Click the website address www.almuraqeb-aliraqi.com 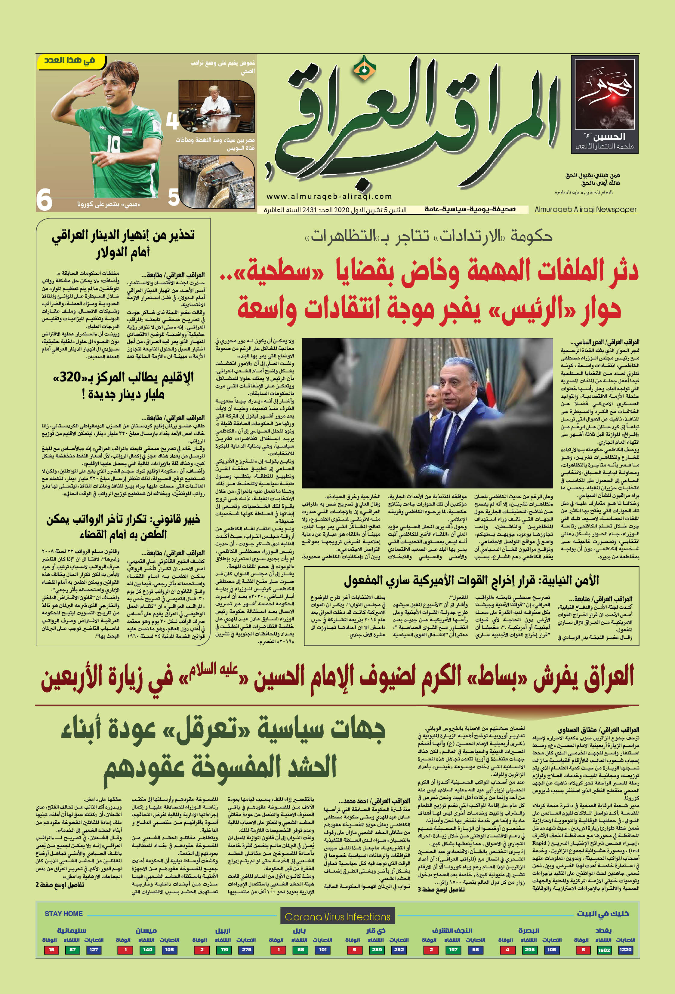point(329,196)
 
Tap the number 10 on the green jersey point(113,145)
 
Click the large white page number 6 point(44,200)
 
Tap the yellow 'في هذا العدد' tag point(70,61)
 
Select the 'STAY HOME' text point(64,913)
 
